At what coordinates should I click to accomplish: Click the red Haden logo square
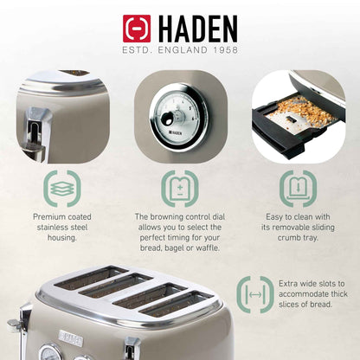(x=136, y=29)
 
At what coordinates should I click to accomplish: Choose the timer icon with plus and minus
(x=180, y=186)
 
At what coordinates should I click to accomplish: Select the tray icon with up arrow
(x=296, y=186)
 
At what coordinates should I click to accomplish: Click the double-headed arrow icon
(x=255, y=293)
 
